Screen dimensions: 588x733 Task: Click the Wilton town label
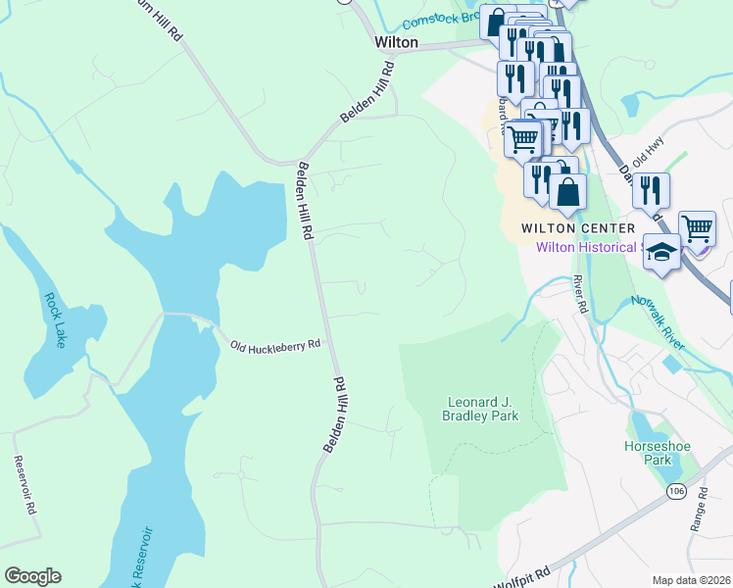(x=397, y=43)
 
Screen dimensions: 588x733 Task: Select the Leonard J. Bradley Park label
(x=482, y=409)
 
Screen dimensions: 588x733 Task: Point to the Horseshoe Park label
(x=657, y=453)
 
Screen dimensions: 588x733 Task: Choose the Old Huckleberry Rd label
(x=275, y=345)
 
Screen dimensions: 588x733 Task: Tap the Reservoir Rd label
(x=24, y=486)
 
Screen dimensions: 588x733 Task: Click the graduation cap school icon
(x=661, y=253)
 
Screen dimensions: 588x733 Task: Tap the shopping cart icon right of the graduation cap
(x=697, y=228)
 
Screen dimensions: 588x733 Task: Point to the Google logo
(x=32, y=576)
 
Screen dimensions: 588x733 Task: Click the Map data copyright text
(x=691, y=580)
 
